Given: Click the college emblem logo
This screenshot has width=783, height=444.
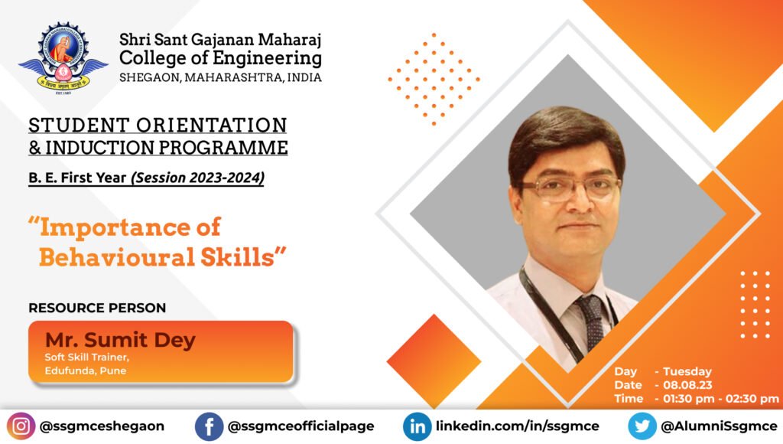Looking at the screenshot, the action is pos(63,58).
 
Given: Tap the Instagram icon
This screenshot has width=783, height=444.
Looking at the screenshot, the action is pos(21,426).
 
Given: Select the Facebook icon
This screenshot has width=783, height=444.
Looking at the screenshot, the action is pos(209,426).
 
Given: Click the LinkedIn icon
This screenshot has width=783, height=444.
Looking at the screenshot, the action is pos(417,426).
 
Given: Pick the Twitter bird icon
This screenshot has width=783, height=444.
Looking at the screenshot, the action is pos(642,426).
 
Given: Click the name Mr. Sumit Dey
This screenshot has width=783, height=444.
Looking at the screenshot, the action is pos(120,340).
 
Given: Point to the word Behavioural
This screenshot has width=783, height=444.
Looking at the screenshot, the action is pos(117,257).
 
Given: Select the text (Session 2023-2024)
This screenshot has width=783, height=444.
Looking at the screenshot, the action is pos(198,178).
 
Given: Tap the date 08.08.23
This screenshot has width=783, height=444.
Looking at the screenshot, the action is pos(687,385).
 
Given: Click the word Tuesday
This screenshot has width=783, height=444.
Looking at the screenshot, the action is pos(687,371).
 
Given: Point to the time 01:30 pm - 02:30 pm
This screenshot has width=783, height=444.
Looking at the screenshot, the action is pos(721,399).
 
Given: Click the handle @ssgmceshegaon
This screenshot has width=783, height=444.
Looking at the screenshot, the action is pos(102,426).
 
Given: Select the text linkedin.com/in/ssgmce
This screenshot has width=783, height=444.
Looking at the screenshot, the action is pos(518,426).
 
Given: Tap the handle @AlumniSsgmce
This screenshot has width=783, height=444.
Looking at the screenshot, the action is pos(719,426).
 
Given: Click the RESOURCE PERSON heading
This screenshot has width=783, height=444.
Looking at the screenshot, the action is pos(97,308).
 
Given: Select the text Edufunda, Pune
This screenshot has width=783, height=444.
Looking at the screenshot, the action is pos(86,371).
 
